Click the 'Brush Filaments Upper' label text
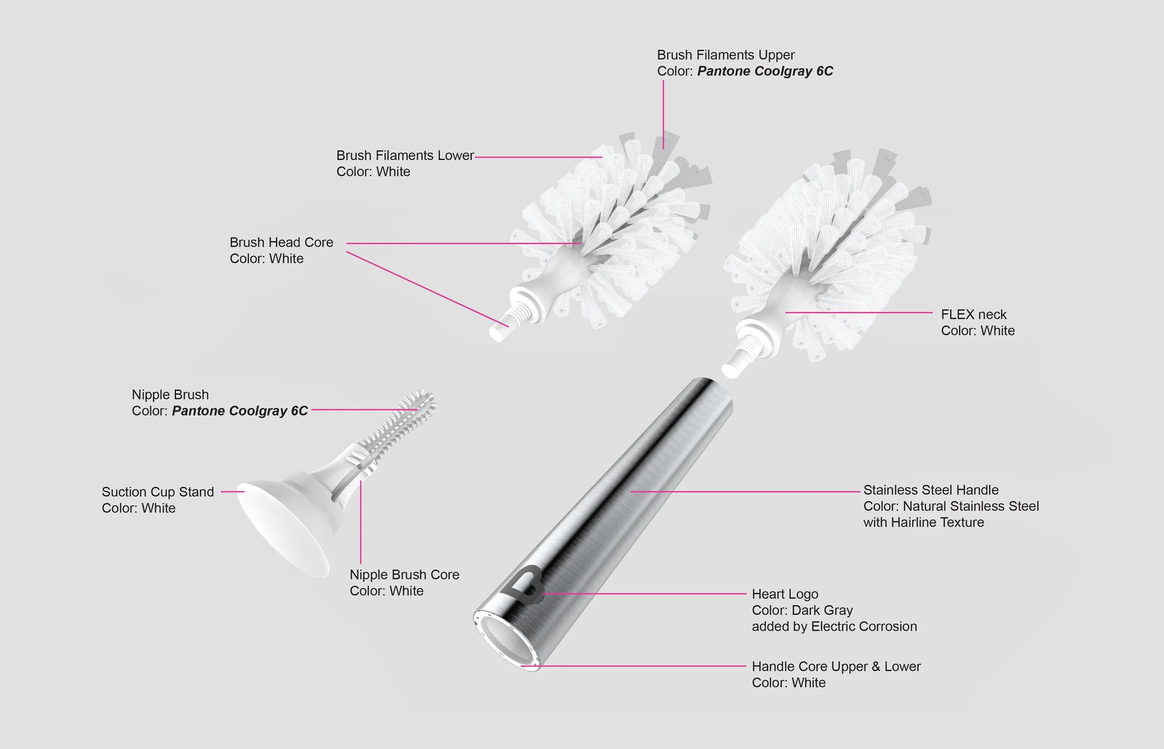tap(725, 55)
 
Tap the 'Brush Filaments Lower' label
tap(405, 155)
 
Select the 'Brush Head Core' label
tap(281, 242)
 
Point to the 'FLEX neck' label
tap(973, 315)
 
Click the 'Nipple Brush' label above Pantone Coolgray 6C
tap(170, 394)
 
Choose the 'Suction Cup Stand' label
tap(157, 492)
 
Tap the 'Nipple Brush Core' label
tap(404, 575)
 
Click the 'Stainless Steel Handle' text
tap(931, 490)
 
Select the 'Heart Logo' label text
tap(785, 594)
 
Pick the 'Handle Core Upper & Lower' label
tap(836, 667)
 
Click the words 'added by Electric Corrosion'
tap(834, 627)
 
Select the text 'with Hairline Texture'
tap(923, 522)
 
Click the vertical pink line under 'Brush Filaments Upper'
tap(663, 115)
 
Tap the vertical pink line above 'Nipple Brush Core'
tap(360, 522)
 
